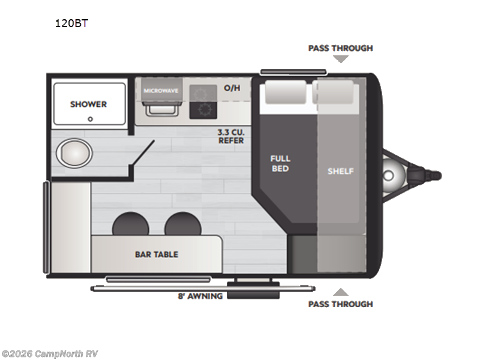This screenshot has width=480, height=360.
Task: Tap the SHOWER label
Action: (x=88, y=104)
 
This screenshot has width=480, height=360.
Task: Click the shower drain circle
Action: (x=90, y=119)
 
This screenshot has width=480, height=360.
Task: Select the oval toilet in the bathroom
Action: (x=74, y=152)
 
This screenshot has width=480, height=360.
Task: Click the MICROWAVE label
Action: (x=161, y=91)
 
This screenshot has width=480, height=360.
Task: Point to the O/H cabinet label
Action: (x=232, y=88)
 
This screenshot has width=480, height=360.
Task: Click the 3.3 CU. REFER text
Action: (x=230, y=136)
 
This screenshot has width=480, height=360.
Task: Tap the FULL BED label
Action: (x=280, y=163)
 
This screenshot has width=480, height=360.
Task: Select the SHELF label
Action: (x=340, y=171)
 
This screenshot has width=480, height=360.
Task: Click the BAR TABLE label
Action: (x=156, y=254)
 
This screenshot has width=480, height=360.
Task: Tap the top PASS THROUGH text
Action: (x=340, y=48)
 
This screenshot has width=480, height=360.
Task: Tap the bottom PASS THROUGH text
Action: (x=340, y=304)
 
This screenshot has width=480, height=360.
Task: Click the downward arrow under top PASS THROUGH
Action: (x=341, y=59)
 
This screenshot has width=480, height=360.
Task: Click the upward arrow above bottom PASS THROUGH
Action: (x=340, y=292)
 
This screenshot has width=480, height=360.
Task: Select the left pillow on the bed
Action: (x=286, y=92)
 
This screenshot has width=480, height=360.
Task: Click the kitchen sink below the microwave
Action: (x=160, y=109)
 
